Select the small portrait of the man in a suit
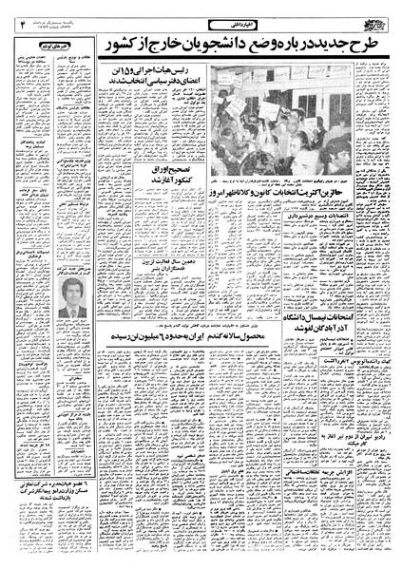[67, 323]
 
